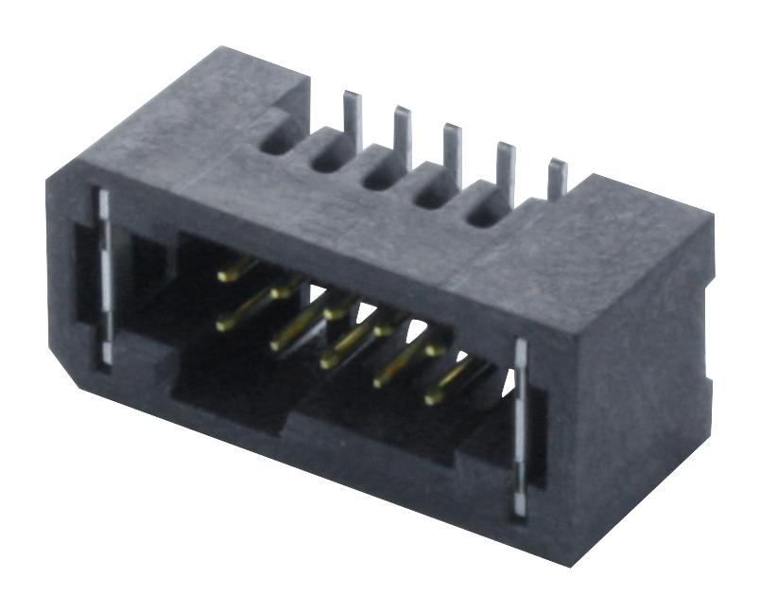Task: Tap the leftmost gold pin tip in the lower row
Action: tap(223, 325)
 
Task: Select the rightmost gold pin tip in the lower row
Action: tap(431, 398)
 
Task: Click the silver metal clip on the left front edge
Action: tap(103, 274)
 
